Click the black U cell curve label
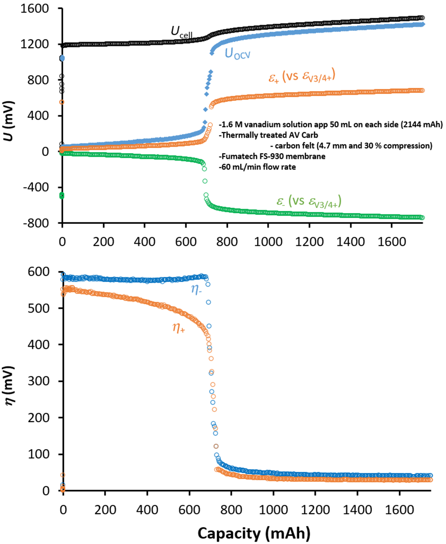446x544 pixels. click(181, 32)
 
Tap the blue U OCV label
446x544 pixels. click(237, 54)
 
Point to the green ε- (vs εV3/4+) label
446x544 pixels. click(308, 202)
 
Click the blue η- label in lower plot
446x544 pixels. click(196, 289)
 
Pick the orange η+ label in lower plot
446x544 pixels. click(179, 328)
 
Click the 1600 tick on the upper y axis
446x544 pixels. click(34, 9)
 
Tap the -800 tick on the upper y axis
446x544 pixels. click(36, 223)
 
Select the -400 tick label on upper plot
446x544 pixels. click(36, 187)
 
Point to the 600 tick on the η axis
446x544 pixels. click(38, 272)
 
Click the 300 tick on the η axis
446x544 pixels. click(38, 381)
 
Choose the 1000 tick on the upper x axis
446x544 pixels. click(268, 242)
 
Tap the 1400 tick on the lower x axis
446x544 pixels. click(357, 510)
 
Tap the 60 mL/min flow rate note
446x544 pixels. click(258, 167)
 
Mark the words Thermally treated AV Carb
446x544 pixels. click(269, 135)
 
